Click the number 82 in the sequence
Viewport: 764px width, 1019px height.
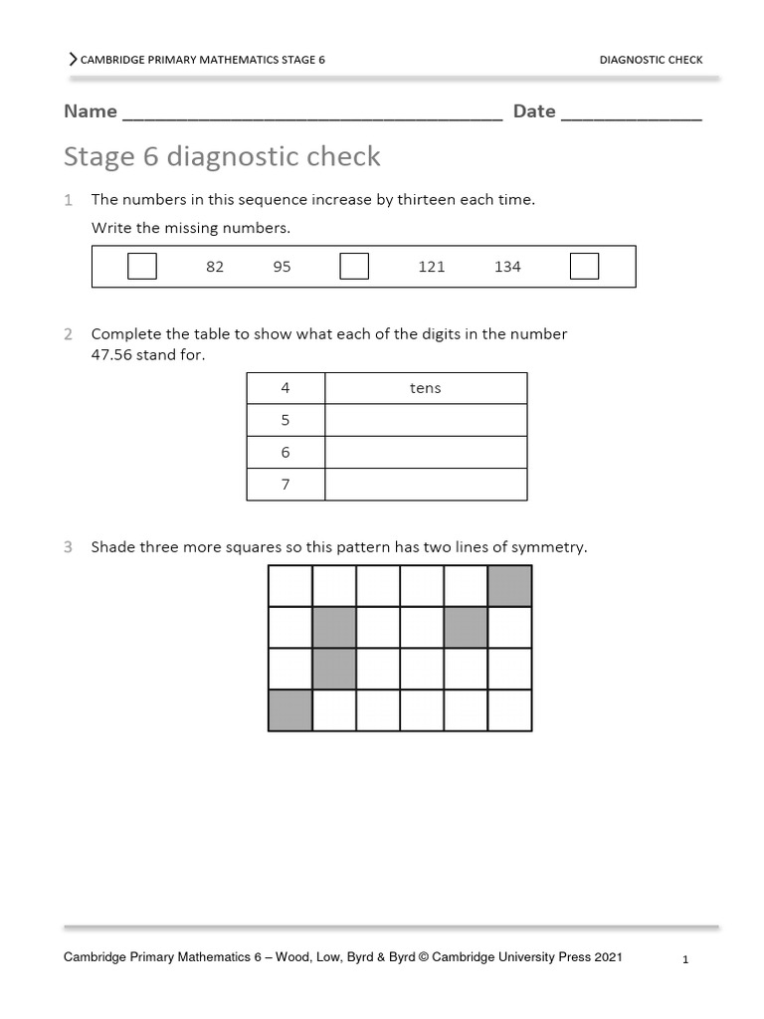coord(215,267)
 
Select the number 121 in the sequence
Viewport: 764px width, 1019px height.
coord(432,267)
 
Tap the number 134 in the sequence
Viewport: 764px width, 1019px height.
coord(507,267)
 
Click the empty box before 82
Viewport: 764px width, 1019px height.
coord(142,267)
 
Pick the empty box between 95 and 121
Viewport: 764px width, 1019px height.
coord(354,267)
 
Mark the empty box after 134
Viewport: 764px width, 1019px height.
coord(585,267)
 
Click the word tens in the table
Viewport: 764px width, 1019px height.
coord(425,388)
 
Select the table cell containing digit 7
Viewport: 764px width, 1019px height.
coord(286,485)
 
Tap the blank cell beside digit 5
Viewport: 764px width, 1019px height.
coord(426,420)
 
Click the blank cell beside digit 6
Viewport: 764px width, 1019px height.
coord(426,453)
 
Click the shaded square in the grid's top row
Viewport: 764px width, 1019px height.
coord(510,586)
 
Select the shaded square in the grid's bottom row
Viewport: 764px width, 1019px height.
coord(290,711)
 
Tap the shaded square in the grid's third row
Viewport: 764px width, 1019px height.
coord(334,669)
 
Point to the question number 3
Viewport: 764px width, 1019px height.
coord(69,547)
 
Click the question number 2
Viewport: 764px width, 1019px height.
coord(69,334)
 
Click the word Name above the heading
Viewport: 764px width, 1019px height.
coord(91,111)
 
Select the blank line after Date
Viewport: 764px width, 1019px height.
coord(632,113)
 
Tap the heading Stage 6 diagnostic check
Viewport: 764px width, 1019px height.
coord(222,156)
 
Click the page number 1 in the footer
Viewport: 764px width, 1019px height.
coord(686,959)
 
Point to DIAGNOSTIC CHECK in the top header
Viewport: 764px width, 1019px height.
coord(651,60)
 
